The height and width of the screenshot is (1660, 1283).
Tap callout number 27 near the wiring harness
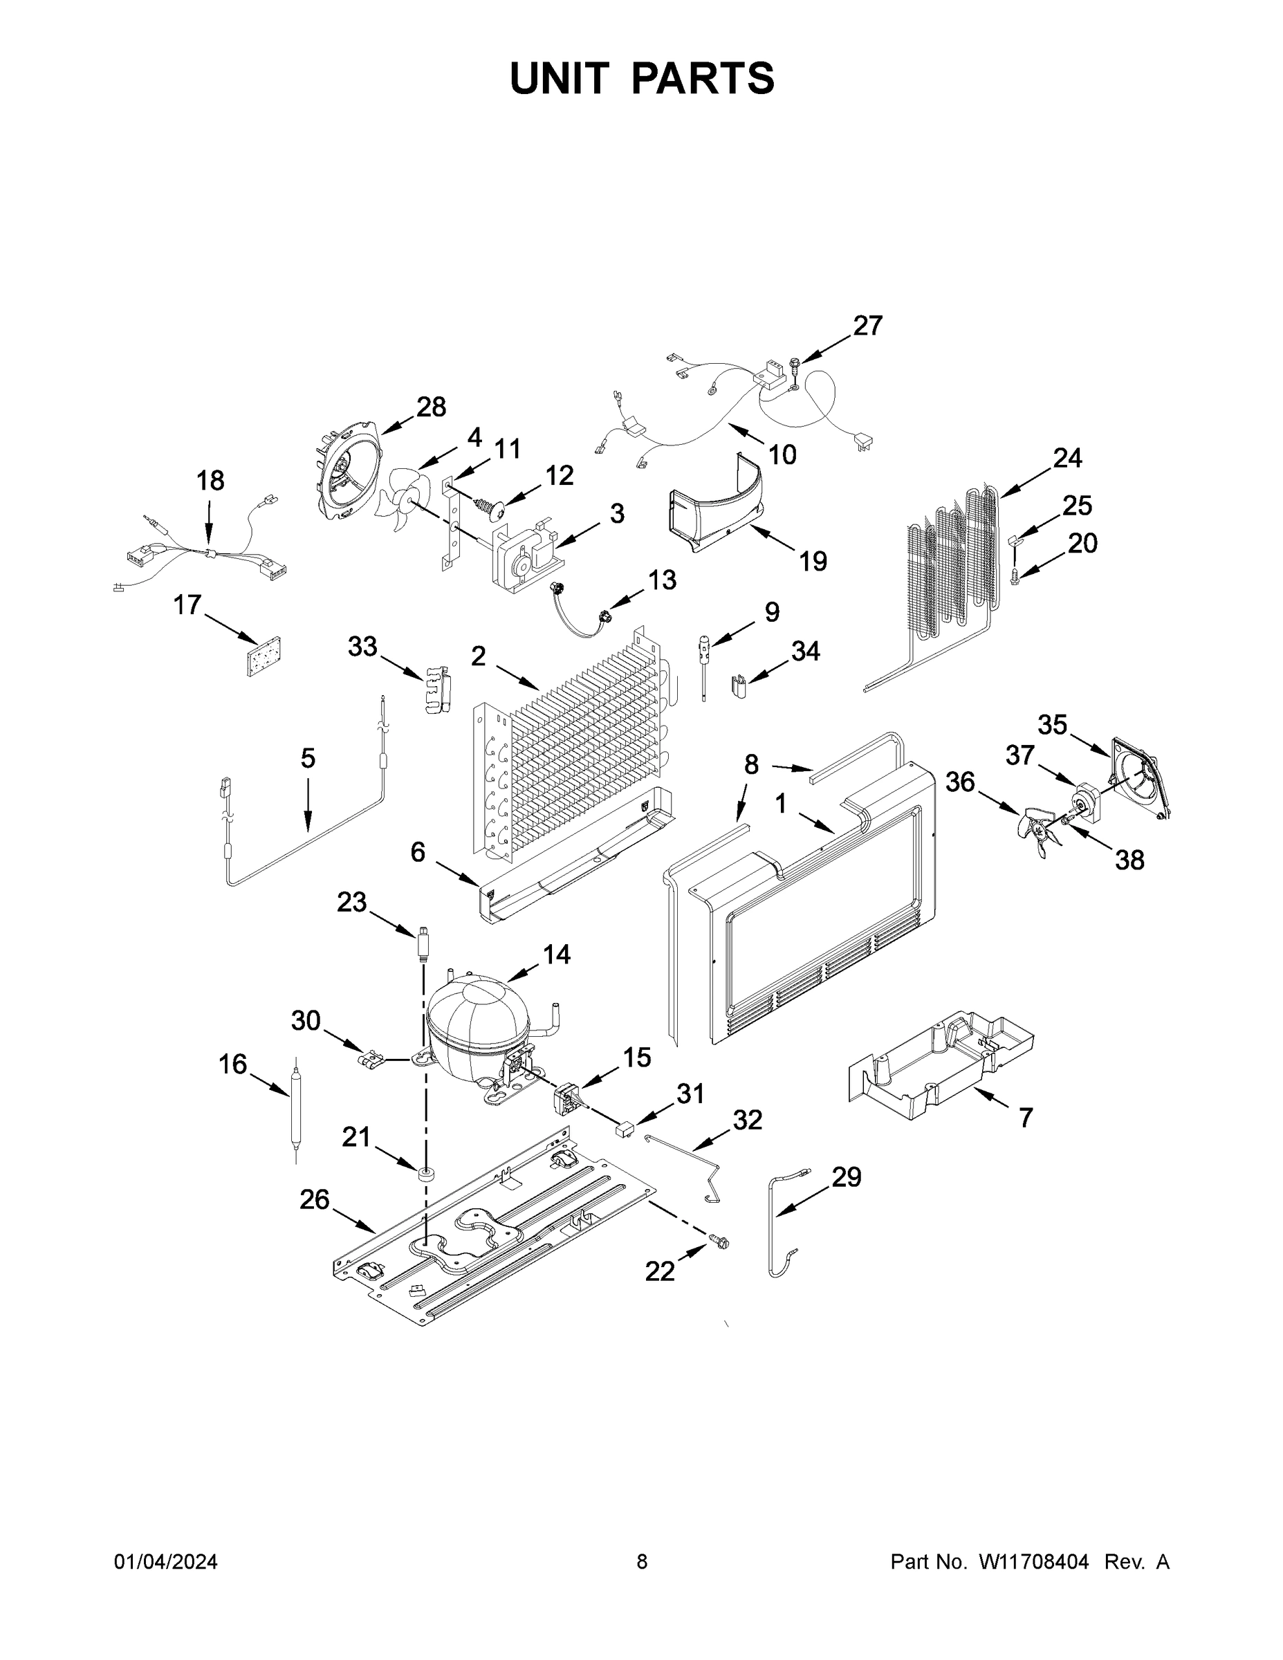(x=867, y=326)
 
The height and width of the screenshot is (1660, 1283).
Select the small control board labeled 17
(x=263, y=655)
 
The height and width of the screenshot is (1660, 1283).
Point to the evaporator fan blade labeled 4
(x=402, y=499)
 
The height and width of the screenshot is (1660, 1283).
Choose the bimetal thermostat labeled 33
(x=436, y=690)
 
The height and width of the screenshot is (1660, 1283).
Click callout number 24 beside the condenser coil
(x=1067, y=459)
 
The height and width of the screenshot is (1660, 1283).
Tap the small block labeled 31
(x=624, y=1129)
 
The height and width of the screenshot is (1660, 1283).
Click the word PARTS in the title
(x=702, y=78)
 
